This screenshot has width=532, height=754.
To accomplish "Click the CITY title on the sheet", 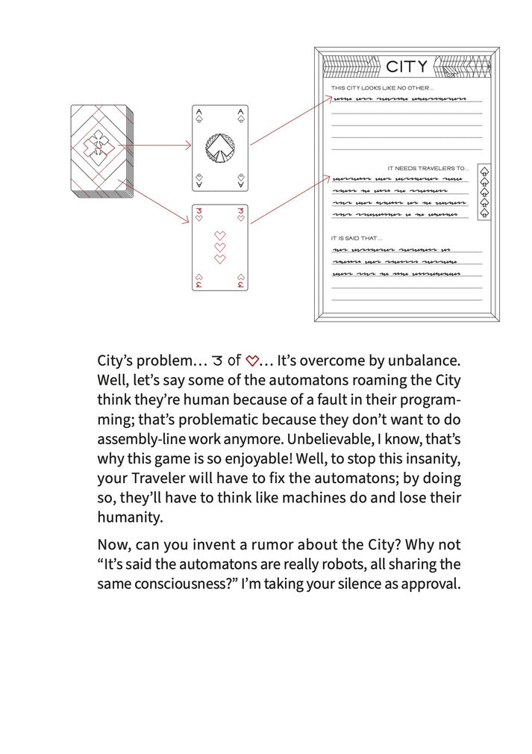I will pos(407,67).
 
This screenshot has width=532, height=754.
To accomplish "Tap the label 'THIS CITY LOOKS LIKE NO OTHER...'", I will pos(377,88).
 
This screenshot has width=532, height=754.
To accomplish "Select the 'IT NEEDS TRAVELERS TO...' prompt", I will pos(428,168).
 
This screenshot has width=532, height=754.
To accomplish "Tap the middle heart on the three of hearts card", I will pos(220,247).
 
